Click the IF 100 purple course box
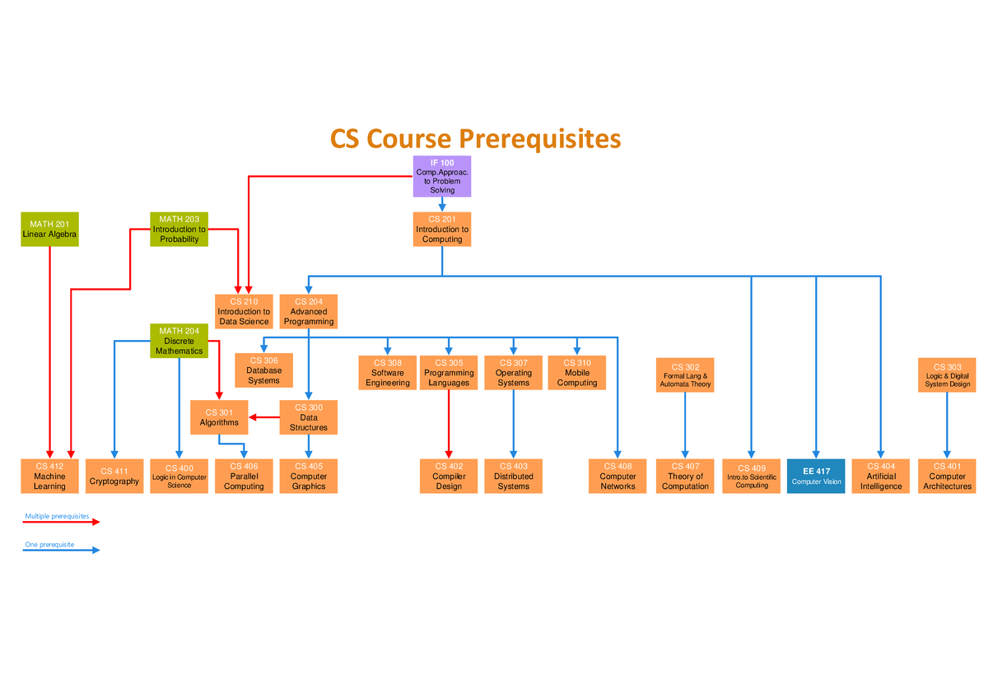(x=442, y=176)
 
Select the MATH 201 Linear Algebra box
(x=50, y=229)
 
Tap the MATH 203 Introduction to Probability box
(x=179, y=229)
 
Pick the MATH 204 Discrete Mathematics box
(x=179, y=341)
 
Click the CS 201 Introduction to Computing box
(x=442, y=229)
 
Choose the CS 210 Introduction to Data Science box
(x=244, y=311)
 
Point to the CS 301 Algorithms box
(x=219, y=417)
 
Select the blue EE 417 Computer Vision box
(x=816, y=476)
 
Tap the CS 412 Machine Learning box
(x=49, y=476)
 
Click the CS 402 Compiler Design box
(x=449, y=476)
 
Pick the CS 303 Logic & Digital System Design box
(x=947, y=375)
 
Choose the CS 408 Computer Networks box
(x=617, y=476)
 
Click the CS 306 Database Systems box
(x=263, y=370)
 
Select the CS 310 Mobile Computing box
(x=576, y=372)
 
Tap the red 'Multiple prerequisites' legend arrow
(x=62, y=522)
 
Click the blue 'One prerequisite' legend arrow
(x=62, y=550)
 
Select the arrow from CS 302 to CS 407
(x=685, y=425)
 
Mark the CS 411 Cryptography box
(x=114, y=476)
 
